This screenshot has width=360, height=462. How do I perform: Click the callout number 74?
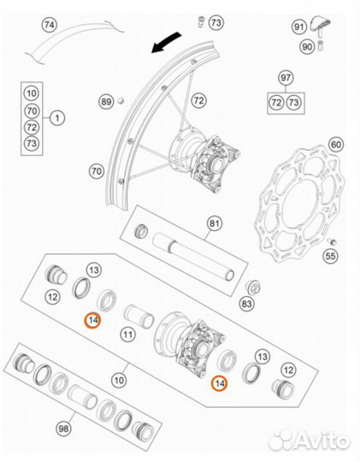pos(49,27)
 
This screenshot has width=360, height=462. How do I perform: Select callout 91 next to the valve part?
pos(299,27)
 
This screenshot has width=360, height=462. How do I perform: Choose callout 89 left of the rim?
pos(105,102)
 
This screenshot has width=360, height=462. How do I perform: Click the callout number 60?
pos(336,144)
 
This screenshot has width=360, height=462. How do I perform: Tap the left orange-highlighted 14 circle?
pos(91,320)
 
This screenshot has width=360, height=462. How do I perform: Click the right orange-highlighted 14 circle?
pos(221,383)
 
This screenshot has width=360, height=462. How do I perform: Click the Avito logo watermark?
pos(309,440)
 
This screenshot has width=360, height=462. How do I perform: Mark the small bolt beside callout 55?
pos(326,243)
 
